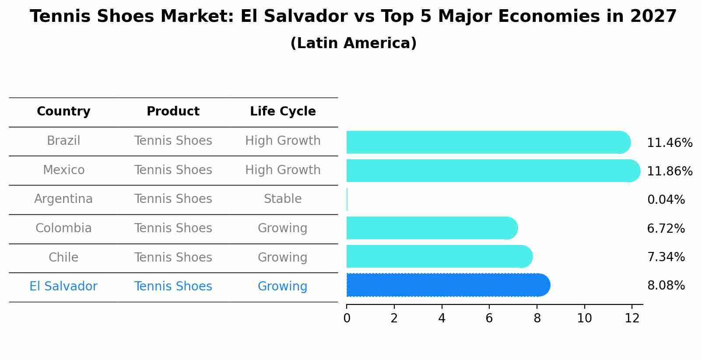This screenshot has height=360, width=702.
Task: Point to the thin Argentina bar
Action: tap(347, 199)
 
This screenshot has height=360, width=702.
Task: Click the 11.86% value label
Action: tap(669, 171)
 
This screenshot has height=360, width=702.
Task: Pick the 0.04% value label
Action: tap(666, 200)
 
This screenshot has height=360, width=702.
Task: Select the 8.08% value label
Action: tap(666, 286)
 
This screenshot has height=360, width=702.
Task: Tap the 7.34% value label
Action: tap(666, 257)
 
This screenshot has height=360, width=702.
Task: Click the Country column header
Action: tap(63, 112)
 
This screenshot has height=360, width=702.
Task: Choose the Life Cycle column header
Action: tap(283, 112)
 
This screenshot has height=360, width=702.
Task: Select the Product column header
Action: tap(173, 112)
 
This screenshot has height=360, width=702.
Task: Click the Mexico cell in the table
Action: tap(63, 170)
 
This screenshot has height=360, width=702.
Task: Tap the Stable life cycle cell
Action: tap(283, 199)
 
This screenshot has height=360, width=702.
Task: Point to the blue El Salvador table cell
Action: tap(63, 287)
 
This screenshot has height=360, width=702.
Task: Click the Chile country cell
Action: tap(63, 257)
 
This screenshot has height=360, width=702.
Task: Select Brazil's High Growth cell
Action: tap(283, 141)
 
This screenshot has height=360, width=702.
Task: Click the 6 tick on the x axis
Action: tap(489, 318)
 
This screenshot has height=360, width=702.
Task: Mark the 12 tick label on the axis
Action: tap(632, 318)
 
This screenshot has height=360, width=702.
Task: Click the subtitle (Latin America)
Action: tap(353, 43)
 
